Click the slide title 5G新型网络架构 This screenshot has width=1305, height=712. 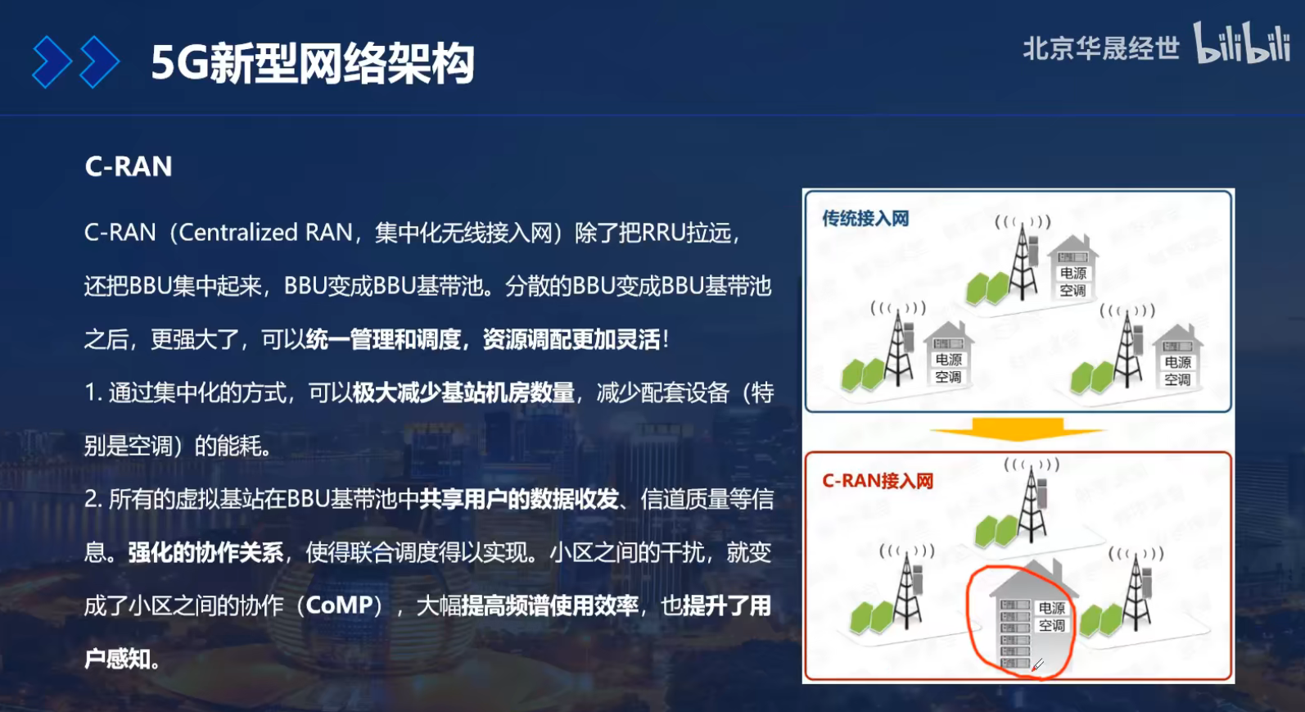point(312,63)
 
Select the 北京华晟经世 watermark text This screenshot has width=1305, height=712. point(1100,48)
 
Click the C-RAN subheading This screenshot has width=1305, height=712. point(129,166)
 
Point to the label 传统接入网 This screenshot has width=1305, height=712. point(865,219)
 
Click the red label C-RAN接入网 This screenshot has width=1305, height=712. point(878,481)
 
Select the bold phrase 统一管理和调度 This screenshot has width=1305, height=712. point(383,339)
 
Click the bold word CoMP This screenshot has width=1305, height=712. point(339,605)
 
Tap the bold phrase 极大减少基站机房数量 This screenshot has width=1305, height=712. point(463,392)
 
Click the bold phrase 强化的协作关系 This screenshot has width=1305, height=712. point(205,552)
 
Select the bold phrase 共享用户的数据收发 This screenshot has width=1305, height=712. point(519,499)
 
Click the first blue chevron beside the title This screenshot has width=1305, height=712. point(51,62)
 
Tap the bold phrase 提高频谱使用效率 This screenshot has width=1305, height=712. point(550,605)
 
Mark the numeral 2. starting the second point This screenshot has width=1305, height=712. point(93,499)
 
